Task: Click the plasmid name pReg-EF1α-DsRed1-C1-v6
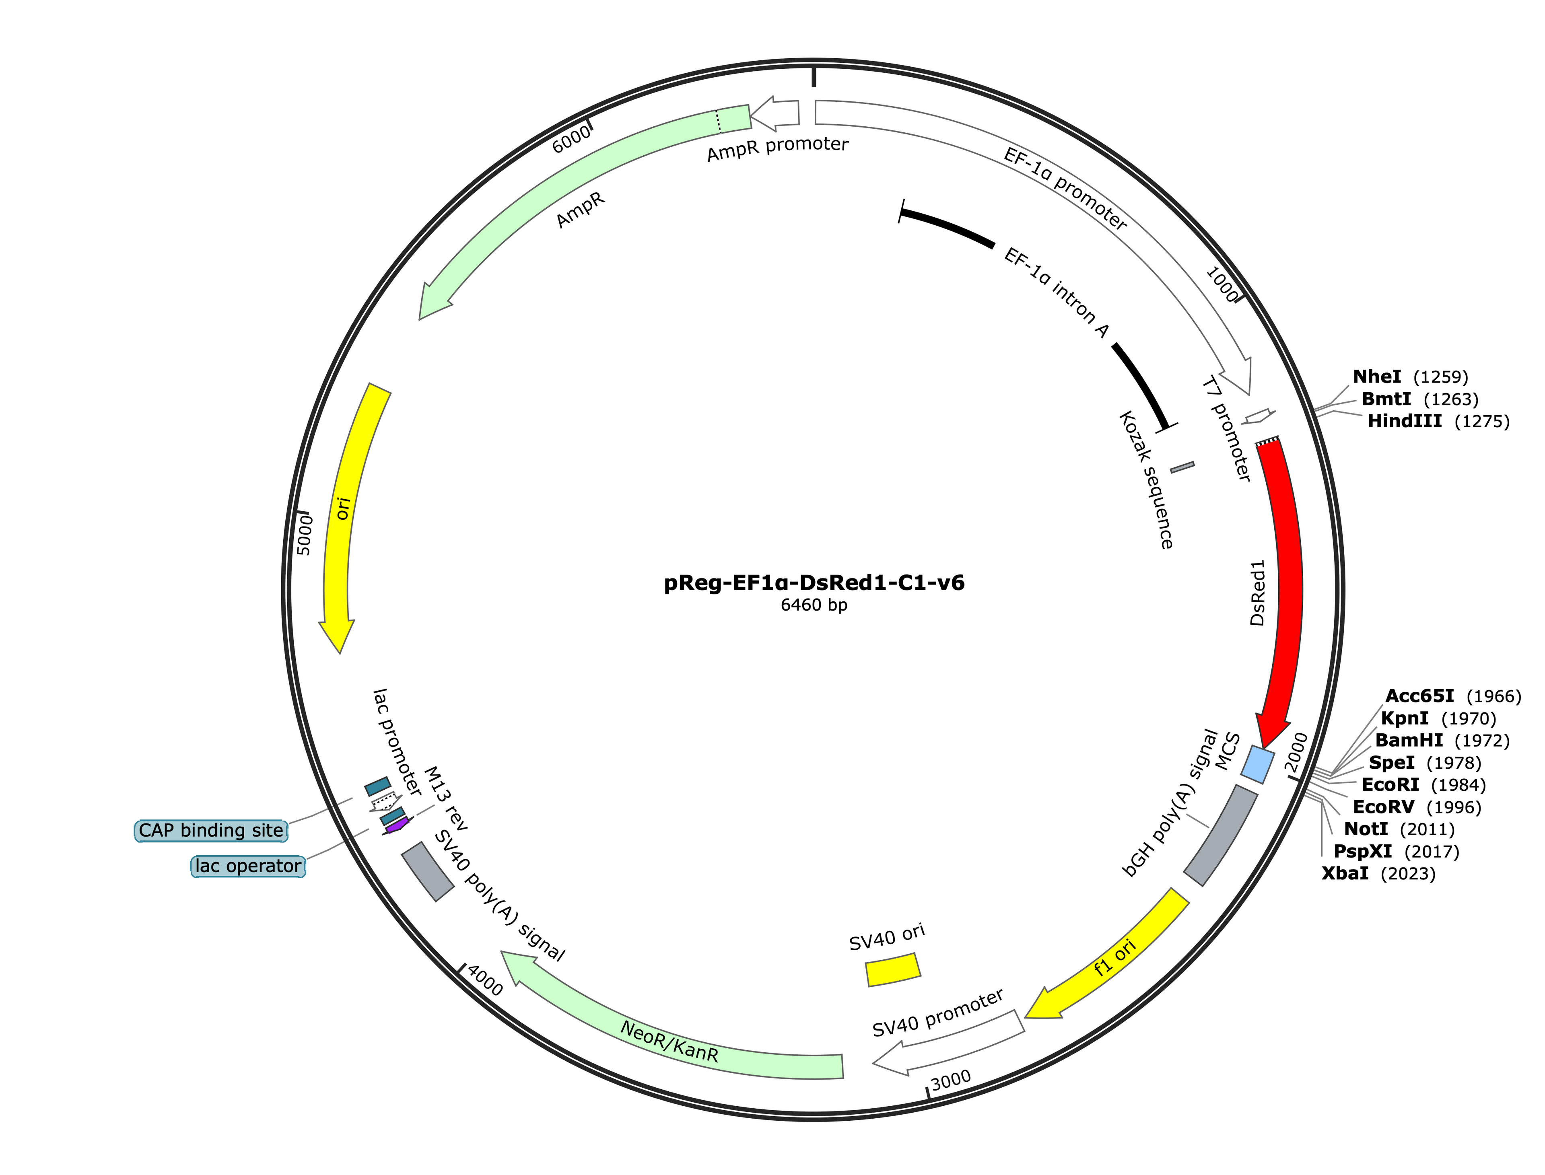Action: (x=814, y=582)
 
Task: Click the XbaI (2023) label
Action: (x=1378, y=874)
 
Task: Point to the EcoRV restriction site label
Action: (x=1416, y=807)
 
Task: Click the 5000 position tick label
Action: (x=305, y=535)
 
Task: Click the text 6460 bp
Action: (x=814, y=605)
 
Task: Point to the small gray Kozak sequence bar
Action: (x=1182, y=467)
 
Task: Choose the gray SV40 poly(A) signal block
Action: (x=427, y=871)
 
